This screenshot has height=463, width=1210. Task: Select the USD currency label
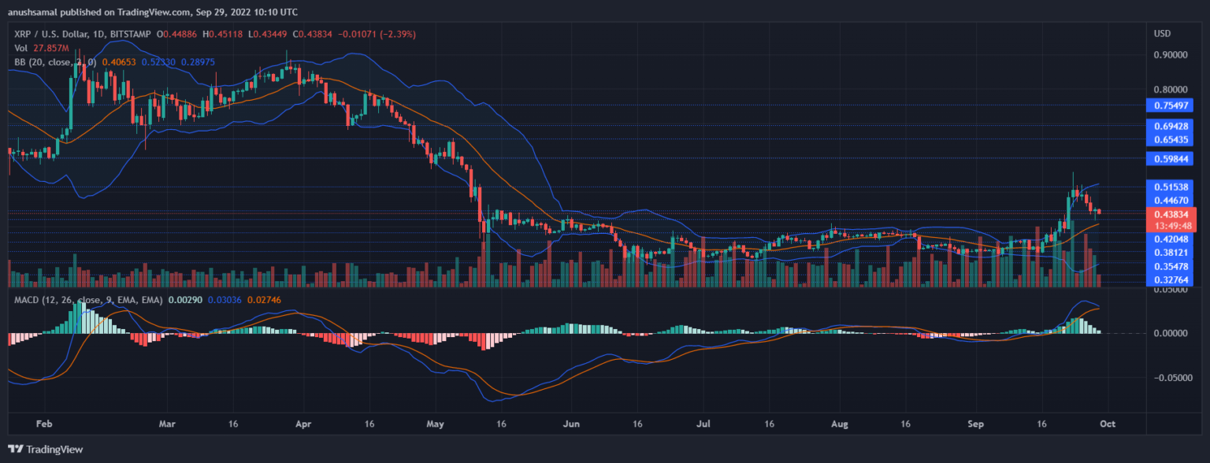[x=1163, y=33]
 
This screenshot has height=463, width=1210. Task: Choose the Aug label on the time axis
[x=840, y=424]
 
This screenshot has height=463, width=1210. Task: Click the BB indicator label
[x=20, y=61]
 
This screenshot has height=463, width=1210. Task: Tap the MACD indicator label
[x=28, y=300]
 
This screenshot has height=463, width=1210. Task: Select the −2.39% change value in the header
[x=400, y=35]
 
